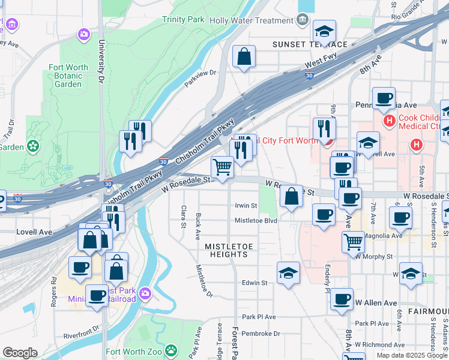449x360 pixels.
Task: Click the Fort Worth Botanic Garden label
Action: (68, 76)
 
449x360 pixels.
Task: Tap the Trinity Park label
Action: (183, 20)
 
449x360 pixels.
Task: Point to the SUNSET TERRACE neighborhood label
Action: (310, 44)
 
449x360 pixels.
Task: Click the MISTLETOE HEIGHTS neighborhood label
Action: (226, 250)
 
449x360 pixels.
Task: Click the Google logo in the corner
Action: (20, 353)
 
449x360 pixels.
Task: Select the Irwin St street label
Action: (246, 206)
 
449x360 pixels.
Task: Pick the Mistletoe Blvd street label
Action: (255, 221)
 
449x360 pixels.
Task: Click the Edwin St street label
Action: (254, 283)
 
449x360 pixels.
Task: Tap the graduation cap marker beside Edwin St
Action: (289, 273)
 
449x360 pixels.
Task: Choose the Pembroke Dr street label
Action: (261, 333)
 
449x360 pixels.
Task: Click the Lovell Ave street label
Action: (34, 232)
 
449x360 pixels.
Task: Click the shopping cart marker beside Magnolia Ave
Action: (353, 242)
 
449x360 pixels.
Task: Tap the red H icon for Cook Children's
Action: (389, 121)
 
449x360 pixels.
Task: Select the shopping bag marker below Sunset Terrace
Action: (244, 57)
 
